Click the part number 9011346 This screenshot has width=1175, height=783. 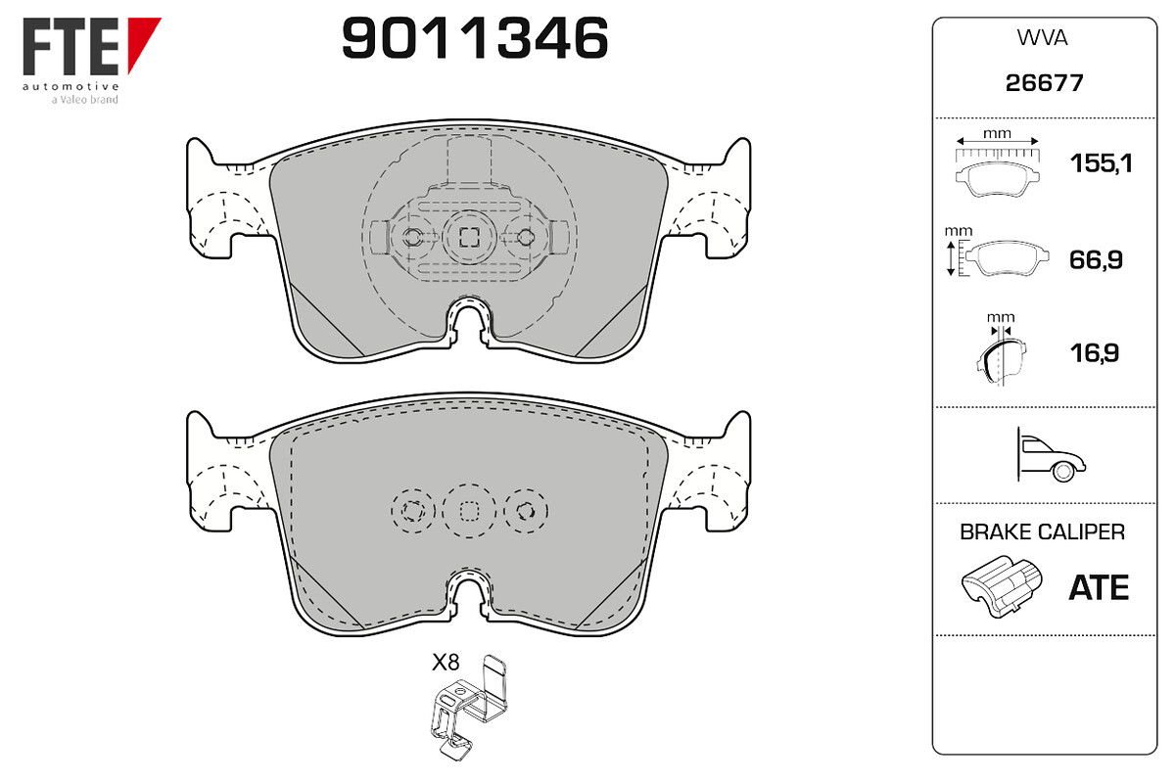click(x=475, y=38)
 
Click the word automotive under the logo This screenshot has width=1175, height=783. click(x=70, y=86)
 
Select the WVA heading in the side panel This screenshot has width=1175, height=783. click(x=1042, y=38)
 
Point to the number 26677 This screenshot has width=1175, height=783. click(x=1044, y=83)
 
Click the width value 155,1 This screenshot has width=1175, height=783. click(x=1101, y=163)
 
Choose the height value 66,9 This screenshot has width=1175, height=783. click(x=1096, y=260)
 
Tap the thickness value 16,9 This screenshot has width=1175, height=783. click(x=1095, y=353)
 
